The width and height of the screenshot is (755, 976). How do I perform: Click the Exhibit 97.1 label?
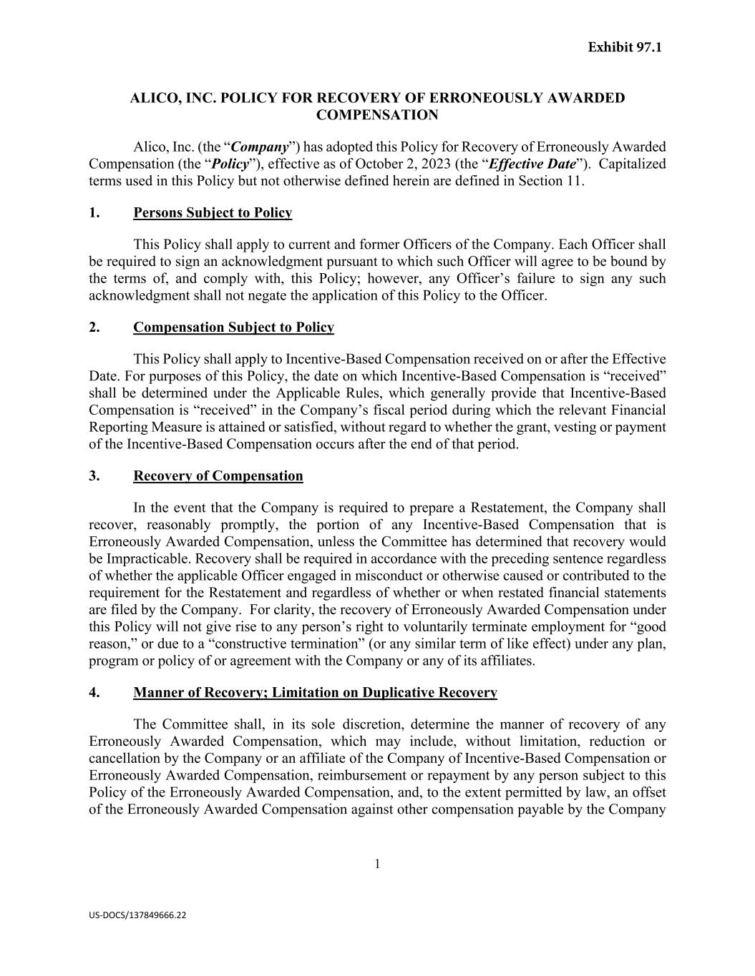625,47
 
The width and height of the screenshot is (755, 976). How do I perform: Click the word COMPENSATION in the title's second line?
377,115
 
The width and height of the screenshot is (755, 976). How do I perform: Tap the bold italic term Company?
260,147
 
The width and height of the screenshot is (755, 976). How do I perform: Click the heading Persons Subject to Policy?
213,212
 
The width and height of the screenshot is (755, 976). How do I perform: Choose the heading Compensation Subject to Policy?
233,327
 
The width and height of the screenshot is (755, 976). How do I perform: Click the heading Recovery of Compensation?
218,476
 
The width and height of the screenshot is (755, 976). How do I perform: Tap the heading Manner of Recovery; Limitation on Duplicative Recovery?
315,692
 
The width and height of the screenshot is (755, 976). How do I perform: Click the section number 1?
94,212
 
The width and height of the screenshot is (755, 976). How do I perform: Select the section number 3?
94,476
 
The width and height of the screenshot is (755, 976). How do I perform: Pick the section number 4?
94,692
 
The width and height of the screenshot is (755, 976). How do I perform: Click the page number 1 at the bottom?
377,864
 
